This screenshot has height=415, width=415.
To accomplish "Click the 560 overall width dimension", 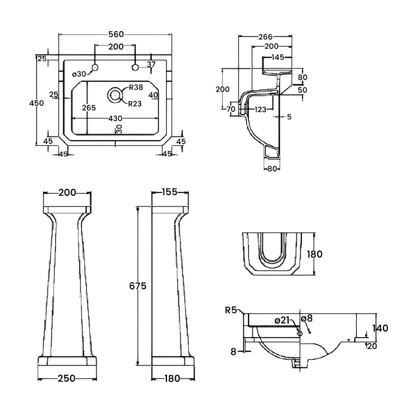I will click(x=116, y=34).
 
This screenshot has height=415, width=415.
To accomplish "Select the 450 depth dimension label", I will click(x=36, y=103).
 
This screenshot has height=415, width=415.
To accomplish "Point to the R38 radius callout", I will click(x=136, y=87).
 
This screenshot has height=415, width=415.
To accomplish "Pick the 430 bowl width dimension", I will click(x=116, y=118).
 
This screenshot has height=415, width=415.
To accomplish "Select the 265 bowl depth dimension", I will click(x=89, y=107).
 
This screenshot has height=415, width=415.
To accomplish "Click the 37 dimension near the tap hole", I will click(x=151, y=64).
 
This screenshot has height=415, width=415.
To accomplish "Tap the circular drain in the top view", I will click(x=115, y=94).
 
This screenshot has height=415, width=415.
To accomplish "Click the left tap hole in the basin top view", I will click(x=95, y=67).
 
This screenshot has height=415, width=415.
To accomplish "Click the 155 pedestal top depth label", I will click(x=169, y=192).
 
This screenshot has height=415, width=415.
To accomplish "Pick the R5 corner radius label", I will click(x=231, y=310).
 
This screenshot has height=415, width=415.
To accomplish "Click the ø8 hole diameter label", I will click(x=307, y=318).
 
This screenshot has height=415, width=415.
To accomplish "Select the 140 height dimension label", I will click(x=380, y=328).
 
